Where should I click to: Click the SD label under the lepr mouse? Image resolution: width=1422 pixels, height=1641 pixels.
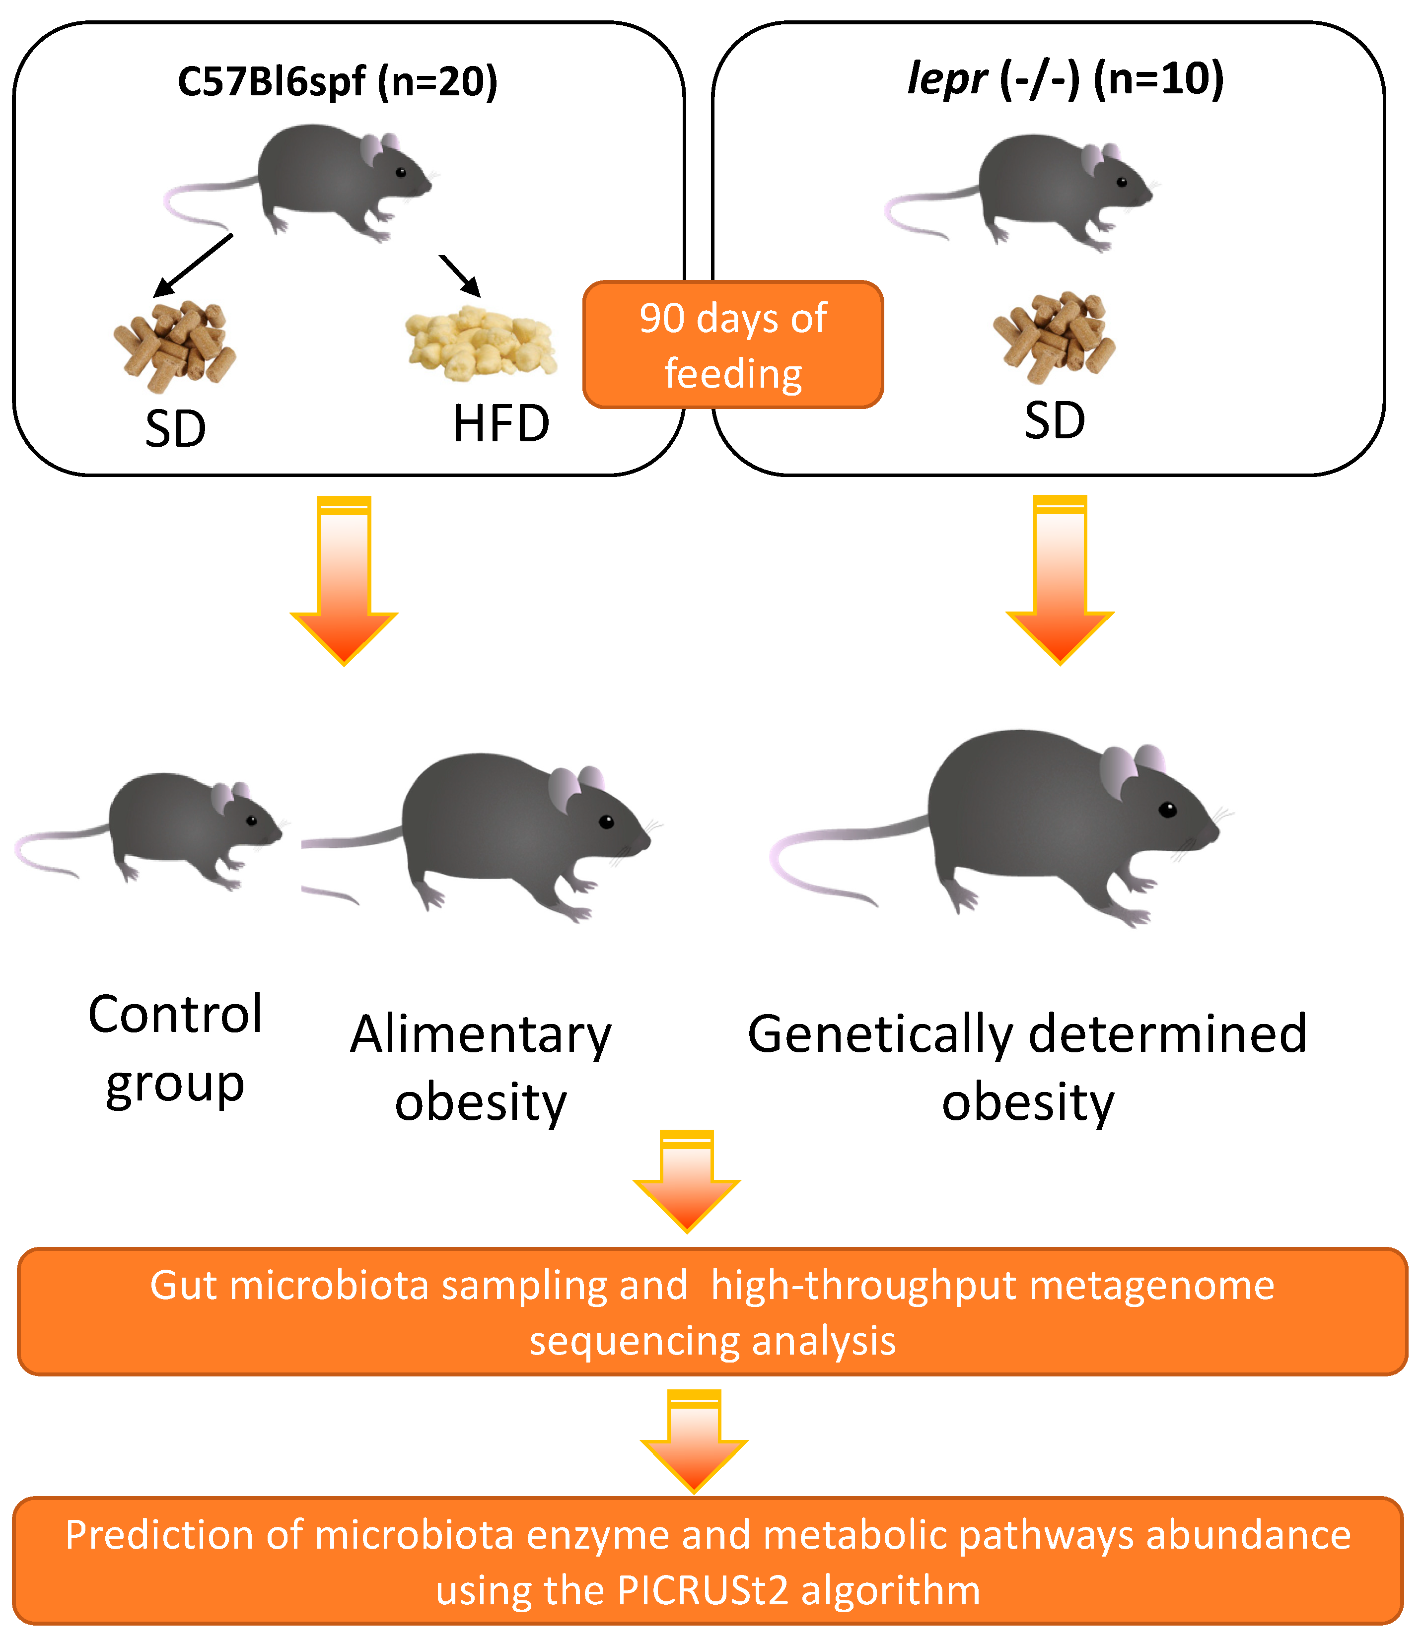click(x=1055, y=420)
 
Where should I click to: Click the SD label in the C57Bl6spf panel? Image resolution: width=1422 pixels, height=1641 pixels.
click(x=175, y=428)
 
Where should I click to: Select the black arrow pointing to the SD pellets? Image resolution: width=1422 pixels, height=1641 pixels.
click(x=192, y=266)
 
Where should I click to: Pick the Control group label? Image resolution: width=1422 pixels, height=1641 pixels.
click(x=175, y=1048)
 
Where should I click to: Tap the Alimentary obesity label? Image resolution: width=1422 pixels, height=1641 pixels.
click(x=481, y=1068)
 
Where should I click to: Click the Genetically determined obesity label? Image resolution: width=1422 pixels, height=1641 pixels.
click(x=1028, y=1068)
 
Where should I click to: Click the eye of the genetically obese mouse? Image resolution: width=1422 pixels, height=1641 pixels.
click(x=1167, y=810)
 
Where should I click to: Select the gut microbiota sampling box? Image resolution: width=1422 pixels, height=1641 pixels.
click(x=712, y=1312)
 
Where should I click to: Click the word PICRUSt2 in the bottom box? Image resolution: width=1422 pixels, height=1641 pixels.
click(x=702, y=1591)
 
